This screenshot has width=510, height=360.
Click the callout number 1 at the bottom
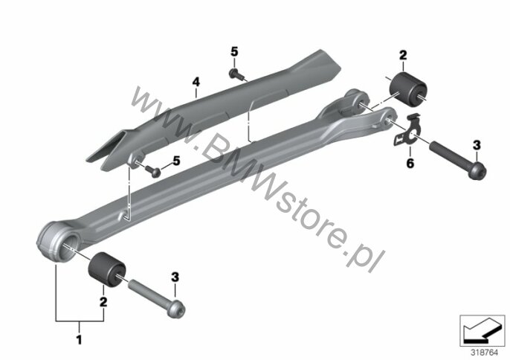79,339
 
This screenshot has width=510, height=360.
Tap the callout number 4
196,82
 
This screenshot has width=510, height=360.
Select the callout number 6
410,163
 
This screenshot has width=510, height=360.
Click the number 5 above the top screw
234,51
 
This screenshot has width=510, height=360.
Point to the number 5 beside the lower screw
176,161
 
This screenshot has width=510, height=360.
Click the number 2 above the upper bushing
403,55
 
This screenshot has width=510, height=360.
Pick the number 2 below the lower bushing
103,302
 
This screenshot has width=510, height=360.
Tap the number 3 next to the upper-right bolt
477,145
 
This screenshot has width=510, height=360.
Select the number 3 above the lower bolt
175,277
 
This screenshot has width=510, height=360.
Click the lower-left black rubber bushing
107,269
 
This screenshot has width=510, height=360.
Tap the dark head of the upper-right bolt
477,170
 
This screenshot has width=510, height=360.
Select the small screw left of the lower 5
153,170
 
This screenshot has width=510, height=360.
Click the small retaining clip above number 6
408,129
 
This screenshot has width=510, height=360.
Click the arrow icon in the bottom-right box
482,331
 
